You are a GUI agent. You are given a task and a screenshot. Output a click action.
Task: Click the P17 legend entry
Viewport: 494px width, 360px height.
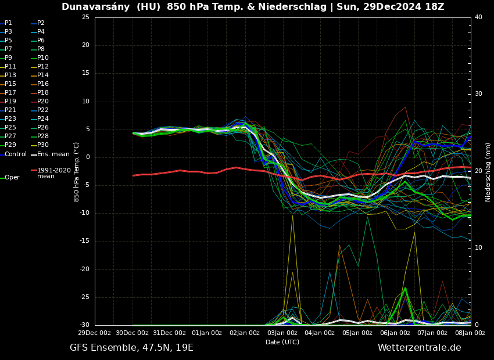point(10,93)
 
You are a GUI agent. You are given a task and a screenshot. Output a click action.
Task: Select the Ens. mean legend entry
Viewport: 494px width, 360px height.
point(53,154)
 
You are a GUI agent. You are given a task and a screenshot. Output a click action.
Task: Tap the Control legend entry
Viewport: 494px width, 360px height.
point(16,154)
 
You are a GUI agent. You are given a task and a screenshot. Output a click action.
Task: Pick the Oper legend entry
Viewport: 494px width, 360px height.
point(12,178)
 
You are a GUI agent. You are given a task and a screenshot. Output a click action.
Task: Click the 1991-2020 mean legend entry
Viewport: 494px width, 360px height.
point(53,174)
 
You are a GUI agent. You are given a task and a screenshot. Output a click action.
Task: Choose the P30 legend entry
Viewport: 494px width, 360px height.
point(43,145)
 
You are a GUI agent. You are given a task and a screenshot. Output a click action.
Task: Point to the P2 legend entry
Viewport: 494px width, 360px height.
point(41,23)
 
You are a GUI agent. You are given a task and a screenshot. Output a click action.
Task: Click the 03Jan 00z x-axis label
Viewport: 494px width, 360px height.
point(282,333)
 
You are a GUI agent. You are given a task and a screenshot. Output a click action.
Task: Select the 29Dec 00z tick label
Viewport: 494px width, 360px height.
point(95,333)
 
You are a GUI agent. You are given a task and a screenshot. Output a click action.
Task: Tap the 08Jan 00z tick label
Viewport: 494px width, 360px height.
point(470,333)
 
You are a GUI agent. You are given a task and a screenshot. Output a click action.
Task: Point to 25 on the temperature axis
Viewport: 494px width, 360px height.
point(85,17)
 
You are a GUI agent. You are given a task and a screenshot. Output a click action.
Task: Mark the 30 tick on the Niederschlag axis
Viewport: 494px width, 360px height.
point(478,94)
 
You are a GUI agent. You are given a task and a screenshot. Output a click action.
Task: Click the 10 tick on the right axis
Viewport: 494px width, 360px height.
point(478,248)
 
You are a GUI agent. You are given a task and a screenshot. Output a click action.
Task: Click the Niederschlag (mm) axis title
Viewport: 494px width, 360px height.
point(488,172)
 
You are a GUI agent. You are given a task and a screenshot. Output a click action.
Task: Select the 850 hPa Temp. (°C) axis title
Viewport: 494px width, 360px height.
point(77,172)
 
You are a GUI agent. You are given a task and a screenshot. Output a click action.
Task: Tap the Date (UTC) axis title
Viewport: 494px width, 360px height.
point(282,343)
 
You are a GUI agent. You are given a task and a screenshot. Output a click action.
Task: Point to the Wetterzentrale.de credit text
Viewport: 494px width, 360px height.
point(419,348)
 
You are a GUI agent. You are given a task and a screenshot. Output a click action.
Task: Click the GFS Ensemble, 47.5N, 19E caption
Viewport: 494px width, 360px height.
point(131,348)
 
